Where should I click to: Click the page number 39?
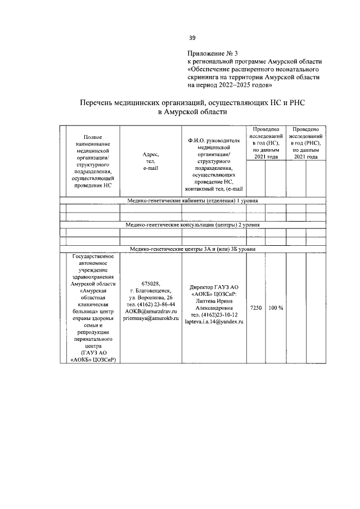(192, 38)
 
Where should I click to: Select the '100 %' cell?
(276, 308)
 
